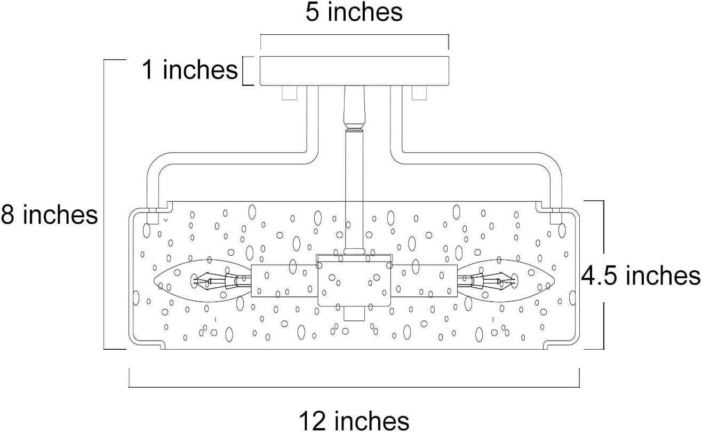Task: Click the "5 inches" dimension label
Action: (x=354, y=13)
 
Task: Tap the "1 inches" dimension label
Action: (x=190, y=69)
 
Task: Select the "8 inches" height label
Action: (x=49, y=215)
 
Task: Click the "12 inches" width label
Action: (x=354, y=421)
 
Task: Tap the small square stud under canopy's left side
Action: (x=290, y=93)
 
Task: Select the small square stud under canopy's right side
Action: (x=419, y=93)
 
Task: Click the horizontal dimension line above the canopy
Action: (x=354, y=35)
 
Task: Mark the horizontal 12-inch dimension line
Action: (x=354, y=387)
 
